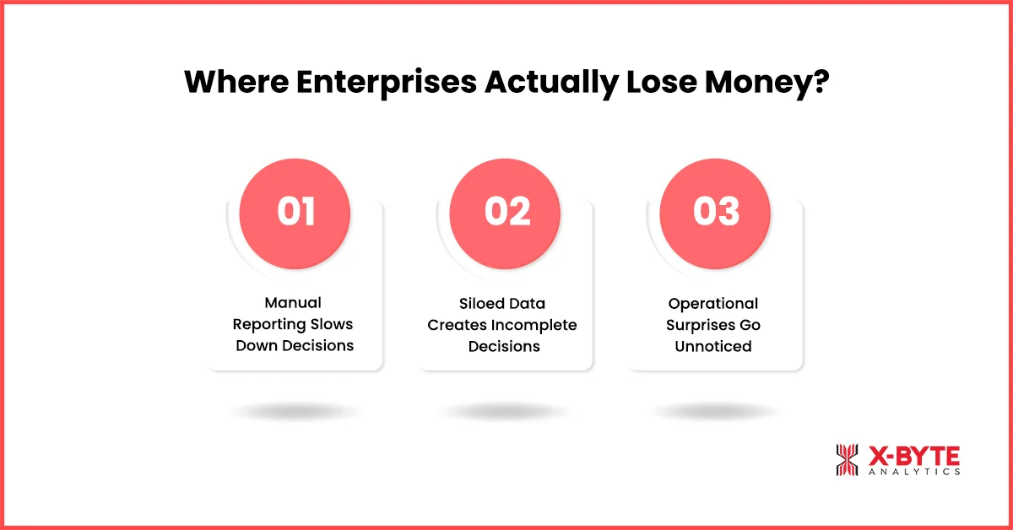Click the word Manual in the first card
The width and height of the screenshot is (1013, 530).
293,302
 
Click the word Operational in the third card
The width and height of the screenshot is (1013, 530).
713,302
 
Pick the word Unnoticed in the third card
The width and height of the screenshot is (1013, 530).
713,345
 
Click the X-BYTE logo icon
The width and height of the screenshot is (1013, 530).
848,460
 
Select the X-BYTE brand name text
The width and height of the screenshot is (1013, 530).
914,456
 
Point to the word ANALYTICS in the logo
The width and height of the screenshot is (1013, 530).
914,473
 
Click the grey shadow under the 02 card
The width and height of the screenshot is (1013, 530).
506,412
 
